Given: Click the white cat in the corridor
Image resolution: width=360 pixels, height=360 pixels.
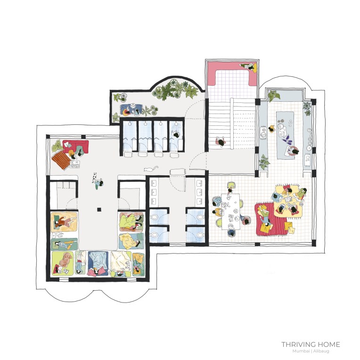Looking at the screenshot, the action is (x=150, y=169).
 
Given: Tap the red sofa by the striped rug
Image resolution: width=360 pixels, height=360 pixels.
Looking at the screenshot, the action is (x=76, y=147).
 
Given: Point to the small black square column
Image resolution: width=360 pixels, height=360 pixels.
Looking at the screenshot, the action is (x=99, y=209).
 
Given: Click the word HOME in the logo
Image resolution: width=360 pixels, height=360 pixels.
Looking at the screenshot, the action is (x=328, y=344).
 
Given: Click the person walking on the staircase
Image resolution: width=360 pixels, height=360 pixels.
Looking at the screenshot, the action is (x=221, y=142).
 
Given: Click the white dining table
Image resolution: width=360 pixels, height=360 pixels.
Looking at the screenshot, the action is (x=230, y=212).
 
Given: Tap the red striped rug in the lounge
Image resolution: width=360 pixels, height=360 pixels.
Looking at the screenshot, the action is (x=271, y=219).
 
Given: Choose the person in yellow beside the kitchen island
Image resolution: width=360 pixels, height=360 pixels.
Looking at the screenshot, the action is (x=272, y=129).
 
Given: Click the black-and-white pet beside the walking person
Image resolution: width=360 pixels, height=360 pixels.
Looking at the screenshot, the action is (x=94, y=177).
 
